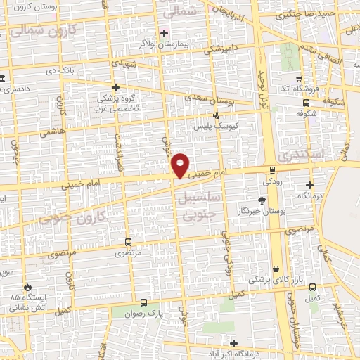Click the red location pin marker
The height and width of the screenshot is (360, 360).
coord(181,165)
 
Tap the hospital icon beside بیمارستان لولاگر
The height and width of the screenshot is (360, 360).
coord(164,32)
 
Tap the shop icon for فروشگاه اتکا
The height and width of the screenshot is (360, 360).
coord(299,79)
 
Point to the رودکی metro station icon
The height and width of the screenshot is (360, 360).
coord(271,169)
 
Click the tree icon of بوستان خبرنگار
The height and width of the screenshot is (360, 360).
coord(262,200)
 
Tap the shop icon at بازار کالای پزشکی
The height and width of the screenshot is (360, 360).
coord(276,269)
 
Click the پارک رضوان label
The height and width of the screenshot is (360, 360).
coord(146,314)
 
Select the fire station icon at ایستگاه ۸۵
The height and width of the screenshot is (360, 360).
coord(27,287)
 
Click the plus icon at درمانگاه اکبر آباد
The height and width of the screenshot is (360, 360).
coord(234,344)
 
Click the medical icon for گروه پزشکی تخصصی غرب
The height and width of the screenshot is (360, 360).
coord(115,87)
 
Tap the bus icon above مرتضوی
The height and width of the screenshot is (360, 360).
coord(127,240)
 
